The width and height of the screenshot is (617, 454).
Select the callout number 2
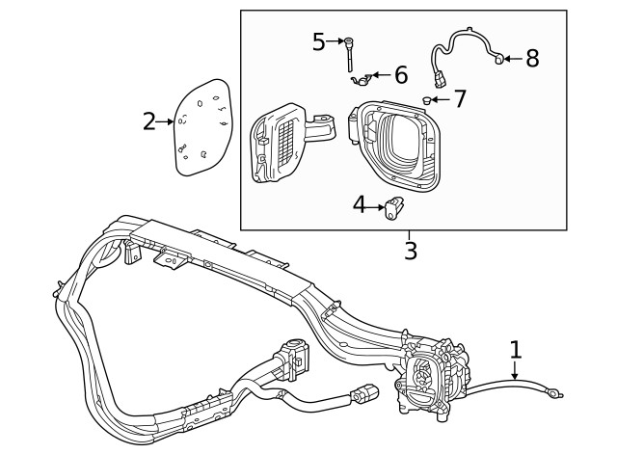pos(149,121)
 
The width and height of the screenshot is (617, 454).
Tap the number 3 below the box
pos(411,252)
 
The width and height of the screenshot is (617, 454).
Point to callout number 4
pos(360,204)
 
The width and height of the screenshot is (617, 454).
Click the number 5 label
pos(320,41)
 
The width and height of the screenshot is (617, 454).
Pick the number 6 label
pos(401,74)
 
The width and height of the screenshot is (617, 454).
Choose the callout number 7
pos(459,97)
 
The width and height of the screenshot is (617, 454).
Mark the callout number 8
pos(531,58)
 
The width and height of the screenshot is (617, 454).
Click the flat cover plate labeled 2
pos(203,127)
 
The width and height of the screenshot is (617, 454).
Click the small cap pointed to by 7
pos(426,100)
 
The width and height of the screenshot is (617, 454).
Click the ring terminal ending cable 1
pos(556,390)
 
